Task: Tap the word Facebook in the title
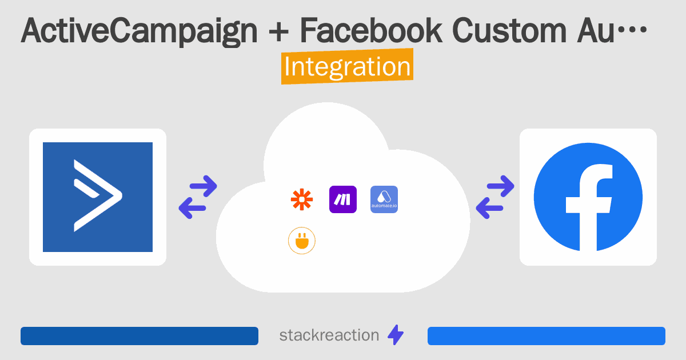(371, 31)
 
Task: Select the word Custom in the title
(509, 31)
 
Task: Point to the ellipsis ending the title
(632, 30)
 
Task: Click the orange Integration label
(348, 66)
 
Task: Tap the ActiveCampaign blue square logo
(98, 197)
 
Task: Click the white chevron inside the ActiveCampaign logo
(98, 195)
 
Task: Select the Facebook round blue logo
(588, 197)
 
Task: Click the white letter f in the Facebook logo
(589, 207)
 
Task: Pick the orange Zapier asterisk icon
(302, 199)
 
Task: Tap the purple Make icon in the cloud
(343, 199)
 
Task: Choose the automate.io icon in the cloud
(384, 199)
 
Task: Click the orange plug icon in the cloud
(302, 241)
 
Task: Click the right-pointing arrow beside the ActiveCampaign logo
(204, 186)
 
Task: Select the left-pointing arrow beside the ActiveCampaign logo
(192, 208)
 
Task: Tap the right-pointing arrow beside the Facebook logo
(500, 186)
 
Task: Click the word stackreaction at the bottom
(329, 335)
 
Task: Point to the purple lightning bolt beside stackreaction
(396, 335)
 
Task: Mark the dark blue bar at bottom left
(139, 336)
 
